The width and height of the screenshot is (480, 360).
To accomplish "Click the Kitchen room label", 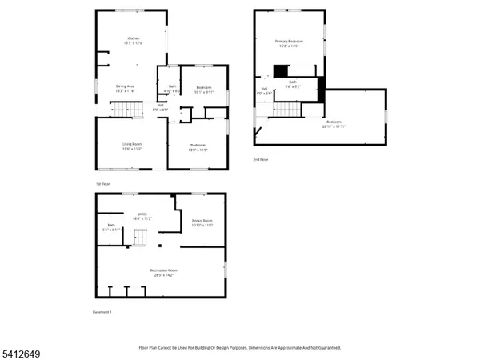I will (x=133, y=41).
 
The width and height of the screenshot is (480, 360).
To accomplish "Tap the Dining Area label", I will (x=124, y=88).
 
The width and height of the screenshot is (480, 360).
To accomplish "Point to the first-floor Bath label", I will (x=172, y=89).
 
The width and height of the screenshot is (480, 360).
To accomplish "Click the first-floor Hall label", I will (x=160, y=106).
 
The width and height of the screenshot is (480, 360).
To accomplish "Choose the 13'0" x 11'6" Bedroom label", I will (x=198, y=148).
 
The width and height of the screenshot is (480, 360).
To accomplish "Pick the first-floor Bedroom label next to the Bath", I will (x=203, y=90).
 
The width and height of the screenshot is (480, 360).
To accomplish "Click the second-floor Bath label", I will (x=292, y=83).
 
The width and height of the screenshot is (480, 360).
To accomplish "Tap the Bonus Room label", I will (x=202, y=222).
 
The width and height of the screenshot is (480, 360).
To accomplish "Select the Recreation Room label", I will (x=163, y=273).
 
